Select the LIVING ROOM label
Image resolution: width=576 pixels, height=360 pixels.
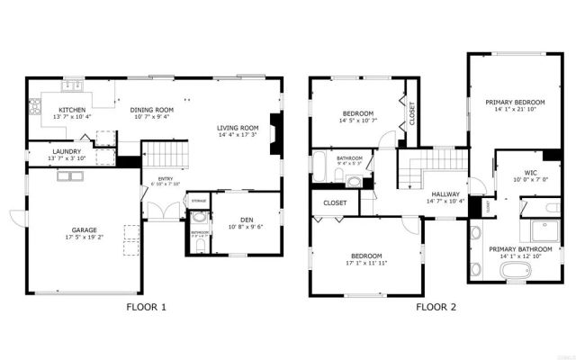(x=238, y=128)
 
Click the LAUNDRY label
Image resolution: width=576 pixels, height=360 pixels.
(x=67, y=151)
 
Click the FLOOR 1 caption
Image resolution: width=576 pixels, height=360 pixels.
(x=146, y=308)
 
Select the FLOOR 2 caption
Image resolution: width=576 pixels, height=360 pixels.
(x=436, y=308)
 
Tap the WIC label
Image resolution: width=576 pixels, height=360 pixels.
(x=530, y=172)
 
